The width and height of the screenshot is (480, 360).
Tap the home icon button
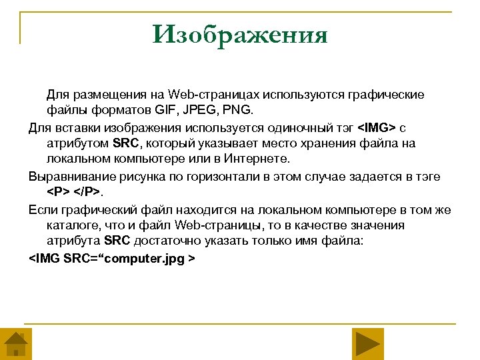tap(16, 344)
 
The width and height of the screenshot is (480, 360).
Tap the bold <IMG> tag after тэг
tap(377, 127)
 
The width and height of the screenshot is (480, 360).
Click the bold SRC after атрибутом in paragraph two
tap(125, 143)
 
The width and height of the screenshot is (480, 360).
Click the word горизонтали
tap(217, 176)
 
